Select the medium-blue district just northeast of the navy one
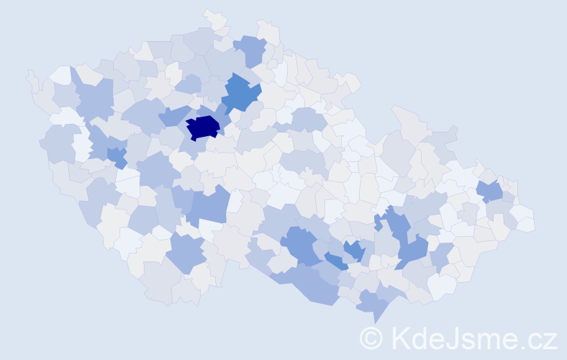pos(240,93)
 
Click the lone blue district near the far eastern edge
pos(490,191)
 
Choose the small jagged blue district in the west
pos(117,156)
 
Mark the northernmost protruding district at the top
pos(213,16)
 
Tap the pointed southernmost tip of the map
pos(375,321)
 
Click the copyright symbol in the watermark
pos(371,337)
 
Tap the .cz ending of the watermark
pos(537,337)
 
